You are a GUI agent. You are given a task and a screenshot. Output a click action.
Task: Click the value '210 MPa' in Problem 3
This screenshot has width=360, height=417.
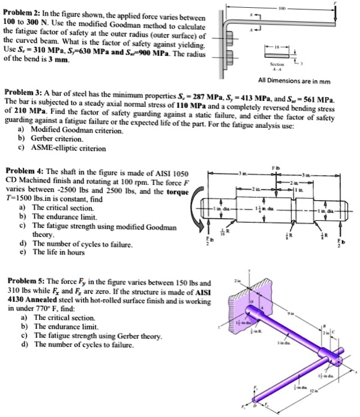pyautogui.click(x=30, y=112)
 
